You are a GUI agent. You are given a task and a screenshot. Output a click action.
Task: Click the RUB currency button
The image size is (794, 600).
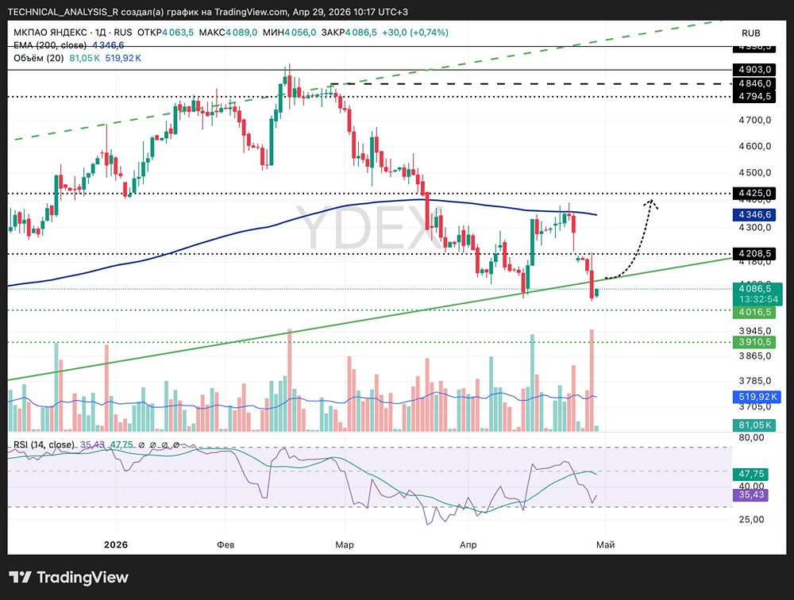pyautogui.click(x=751, y=33)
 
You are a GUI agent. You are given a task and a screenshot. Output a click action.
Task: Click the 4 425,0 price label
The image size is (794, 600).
pyautogui.click(x=754, y=193)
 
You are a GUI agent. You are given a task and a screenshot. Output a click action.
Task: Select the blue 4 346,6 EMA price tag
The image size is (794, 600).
pyautogui.click(x=754, y=214)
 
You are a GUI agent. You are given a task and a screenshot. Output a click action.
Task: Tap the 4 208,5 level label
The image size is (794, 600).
pyautogui.click(x=754, y=254)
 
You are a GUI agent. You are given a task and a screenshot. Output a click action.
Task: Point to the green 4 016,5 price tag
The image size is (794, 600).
pyautogui.click(x=754, y=313)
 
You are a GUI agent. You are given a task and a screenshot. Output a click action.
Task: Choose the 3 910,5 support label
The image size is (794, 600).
pyautogui.click(x=754, y=342)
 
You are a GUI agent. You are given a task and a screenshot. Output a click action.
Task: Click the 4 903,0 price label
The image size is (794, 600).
pyautogui.click(x=754, y=70)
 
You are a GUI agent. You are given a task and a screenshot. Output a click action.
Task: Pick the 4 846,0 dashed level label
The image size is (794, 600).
pyautogui.click(x=754, y=83)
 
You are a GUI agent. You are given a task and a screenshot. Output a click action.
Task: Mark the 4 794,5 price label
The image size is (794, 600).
pyautogui.click(x=754, y=97)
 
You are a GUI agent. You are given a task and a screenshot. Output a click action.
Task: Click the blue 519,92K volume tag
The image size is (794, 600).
pyautogui.click(x=754, y=396)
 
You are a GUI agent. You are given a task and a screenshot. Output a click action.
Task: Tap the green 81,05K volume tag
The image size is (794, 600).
pyautogui.click(x=754, y=425)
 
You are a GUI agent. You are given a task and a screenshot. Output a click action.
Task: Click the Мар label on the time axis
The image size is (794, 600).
pyautogui.click(x=344, y=545)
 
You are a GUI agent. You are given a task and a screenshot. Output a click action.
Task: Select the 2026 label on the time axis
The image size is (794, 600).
pyautogui.click(x=115, y=545)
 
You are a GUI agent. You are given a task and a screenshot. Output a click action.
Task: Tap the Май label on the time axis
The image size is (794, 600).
pyautogui.click(x=604, y=545)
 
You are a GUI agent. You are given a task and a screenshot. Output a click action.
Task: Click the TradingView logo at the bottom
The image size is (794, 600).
pyautogui.click(x=69, y=577)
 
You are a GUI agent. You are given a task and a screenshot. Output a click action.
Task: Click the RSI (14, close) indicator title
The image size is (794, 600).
pyautogui.click(x=44, y=444)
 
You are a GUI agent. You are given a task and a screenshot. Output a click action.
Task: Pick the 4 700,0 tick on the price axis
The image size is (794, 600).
pyautogui.click(x=754, y=121)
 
